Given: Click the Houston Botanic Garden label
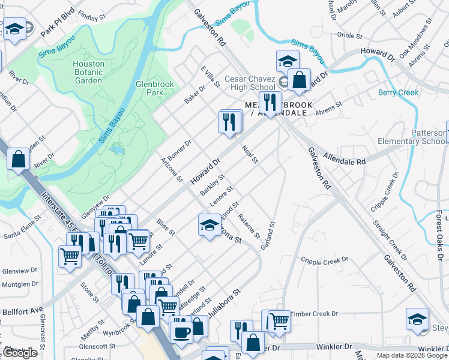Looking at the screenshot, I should click(x=88, y=72).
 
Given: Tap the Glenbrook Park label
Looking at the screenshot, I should click(x=154, y=88).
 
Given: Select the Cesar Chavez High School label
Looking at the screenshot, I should click(x=250, y=83).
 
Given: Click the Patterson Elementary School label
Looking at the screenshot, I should click(x=420, y=137).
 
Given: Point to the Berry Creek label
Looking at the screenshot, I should click(x=399, y=92).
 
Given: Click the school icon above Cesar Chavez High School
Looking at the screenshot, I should click(x=288, y=61).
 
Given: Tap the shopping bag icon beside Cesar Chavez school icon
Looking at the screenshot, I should click(x=298, y=79).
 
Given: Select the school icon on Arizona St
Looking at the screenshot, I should click(x=209, y=226).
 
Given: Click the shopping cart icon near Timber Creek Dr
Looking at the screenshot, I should click(x=279, y=320).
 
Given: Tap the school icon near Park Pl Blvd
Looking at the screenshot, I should click(x=14, y=29).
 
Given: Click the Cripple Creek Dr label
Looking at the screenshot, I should click(x=324, y=261).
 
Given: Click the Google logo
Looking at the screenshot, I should click(x=19, y=353).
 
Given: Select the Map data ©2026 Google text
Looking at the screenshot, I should click(x=412, y=355).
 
